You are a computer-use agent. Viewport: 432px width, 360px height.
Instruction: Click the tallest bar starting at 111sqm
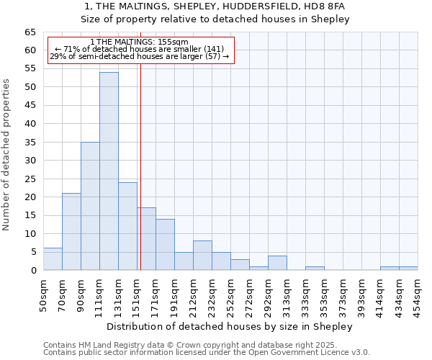(109, 171)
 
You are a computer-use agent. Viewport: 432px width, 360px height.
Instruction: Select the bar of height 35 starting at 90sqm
(90, 206)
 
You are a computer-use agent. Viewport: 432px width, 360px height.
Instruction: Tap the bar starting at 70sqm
(71, 232)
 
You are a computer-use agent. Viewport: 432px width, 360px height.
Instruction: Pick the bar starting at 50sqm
(53, 259)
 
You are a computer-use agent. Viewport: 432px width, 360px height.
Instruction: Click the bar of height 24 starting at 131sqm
(127, 226)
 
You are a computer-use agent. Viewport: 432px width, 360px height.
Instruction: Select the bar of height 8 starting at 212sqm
(202, 256)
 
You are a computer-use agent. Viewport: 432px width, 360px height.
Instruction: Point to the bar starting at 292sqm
(277, 264)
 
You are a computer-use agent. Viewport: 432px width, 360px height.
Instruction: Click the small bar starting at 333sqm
(315, 269)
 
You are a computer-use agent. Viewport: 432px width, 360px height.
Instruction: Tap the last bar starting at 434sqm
(408, 269)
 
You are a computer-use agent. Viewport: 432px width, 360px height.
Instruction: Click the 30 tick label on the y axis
(30, 161)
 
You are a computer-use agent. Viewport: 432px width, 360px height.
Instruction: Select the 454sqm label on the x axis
(418, 295)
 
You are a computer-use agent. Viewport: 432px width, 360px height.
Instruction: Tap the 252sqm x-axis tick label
(230, 295)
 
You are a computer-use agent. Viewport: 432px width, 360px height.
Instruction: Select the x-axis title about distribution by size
(234, 326)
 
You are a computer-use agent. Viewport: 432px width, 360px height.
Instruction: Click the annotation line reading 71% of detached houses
(140, 48)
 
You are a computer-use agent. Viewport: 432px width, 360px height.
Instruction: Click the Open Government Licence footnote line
(207, 352)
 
